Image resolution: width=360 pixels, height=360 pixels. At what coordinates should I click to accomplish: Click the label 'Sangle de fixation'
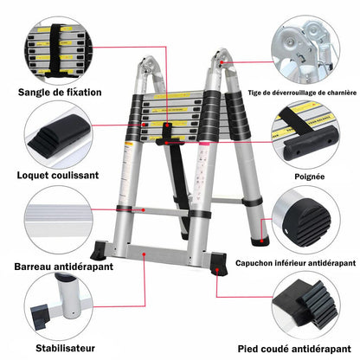click(x=60, y=93)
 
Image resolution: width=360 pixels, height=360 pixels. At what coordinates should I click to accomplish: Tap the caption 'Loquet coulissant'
click(x=58, y=175)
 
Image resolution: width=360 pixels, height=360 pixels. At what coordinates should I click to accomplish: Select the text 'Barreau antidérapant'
click(x=63, y=267)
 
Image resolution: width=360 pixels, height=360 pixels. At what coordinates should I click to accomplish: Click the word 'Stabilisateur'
click(x=65, y=348)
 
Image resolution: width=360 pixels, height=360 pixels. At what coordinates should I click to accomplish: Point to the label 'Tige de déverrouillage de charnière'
click(x=302, y=93)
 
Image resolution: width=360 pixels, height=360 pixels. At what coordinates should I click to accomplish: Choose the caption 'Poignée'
click(x=310, y=177)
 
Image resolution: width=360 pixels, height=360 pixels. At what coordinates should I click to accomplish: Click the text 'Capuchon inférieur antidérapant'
click(x=296, y=263)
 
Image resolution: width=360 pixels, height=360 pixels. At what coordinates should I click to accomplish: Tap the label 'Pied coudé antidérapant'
click(x=294, y=349)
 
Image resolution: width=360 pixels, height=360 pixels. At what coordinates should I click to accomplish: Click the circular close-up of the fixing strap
click(x=58, y=51)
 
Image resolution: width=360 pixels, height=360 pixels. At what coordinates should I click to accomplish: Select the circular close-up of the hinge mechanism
click(x=305, y=49)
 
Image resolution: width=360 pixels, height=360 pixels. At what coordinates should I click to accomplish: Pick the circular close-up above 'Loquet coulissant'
click(x=58, y=134)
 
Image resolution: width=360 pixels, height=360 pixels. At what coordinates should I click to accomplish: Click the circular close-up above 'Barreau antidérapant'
click(x=58, y=220)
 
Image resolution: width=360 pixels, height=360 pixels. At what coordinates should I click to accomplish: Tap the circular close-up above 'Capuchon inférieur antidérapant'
click(x=305, y=220)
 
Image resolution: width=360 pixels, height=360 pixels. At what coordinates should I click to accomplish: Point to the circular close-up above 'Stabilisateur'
click(x=58, y=306)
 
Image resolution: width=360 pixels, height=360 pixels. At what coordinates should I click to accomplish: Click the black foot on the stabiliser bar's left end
click(x=98, y=251)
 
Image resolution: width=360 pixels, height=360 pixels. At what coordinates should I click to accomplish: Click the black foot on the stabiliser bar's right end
click(x=218, y=264)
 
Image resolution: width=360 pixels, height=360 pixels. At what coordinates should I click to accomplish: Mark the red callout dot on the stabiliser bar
click(x=144, y=254)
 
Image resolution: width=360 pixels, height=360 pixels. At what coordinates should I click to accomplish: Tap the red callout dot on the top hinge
click(x=222, y=62)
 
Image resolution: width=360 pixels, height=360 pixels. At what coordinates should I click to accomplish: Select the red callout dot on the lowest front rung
click(x=144, y=210)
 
